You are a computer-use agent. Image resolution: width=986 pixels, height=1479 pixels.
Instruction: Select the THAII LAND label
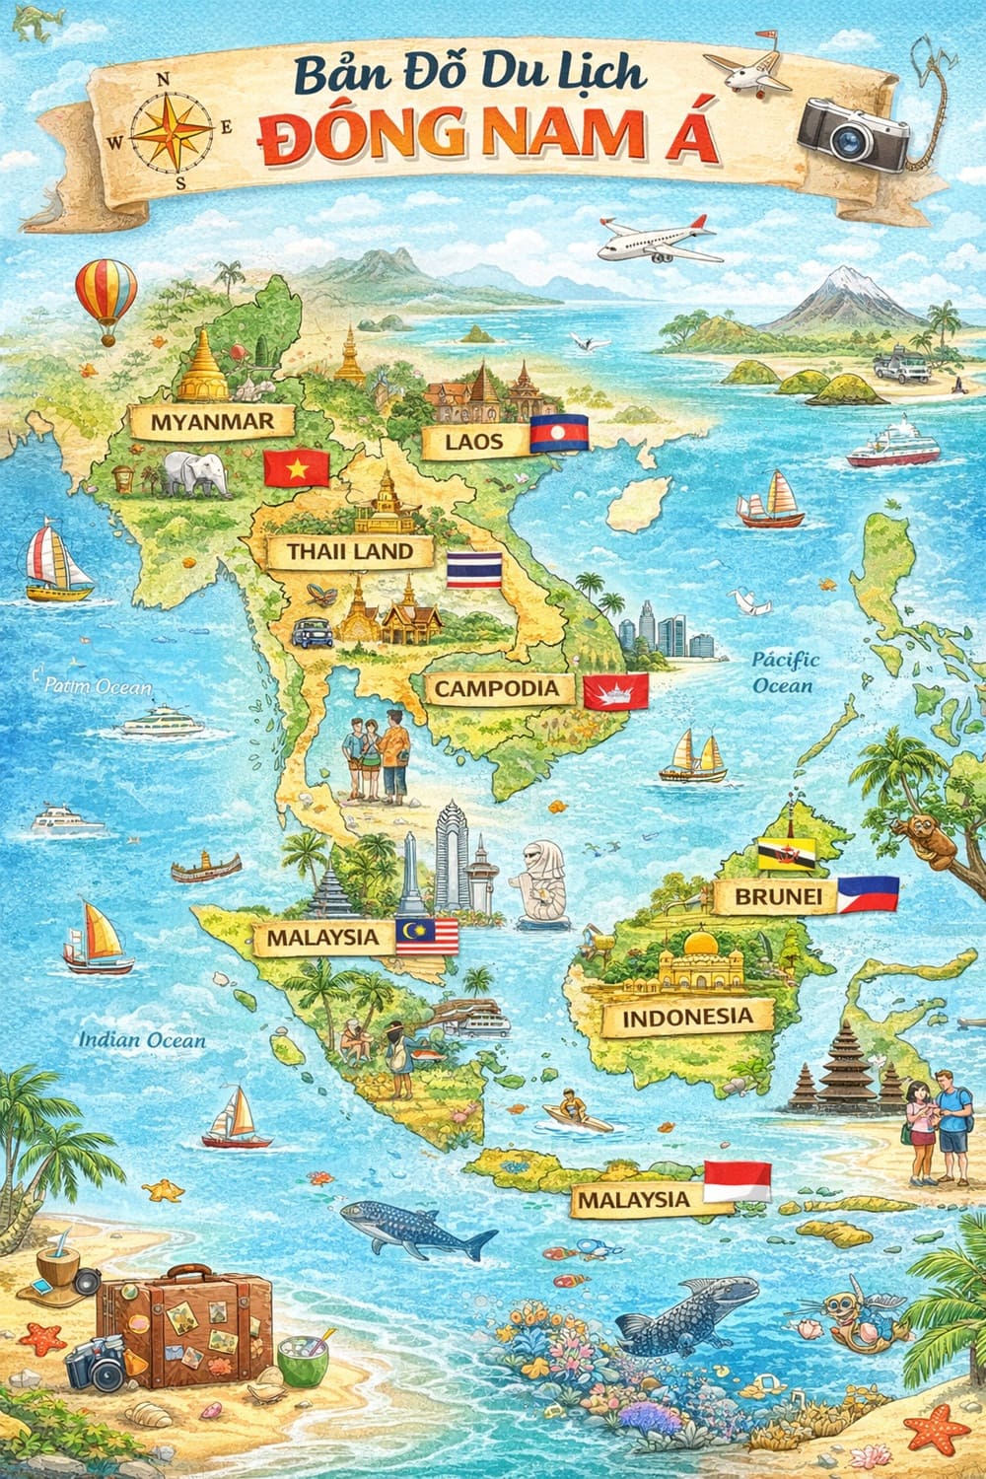[x=349, y=551]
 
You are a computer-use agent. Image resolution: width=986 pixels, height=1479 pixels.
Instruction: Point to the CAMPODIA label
[x=497, y=688]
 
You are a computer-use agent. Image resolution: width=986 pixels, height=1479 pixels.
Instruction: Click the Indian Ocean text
[x=143, y=1039]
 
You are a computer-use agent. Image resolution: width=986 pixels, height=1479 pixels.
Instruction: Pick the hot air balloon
[x=106, y=296]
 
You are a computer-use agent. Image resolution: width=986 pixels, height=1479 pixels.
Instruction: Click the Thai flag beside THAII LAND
[x=474, y=571]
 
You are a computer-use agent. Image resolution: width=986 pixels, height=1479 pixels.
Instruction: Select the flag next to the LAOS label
[x=559, y=434]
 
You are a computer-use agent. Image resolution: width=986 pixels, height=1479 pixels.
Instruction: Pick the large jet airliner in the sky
[x=656, y=240]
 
